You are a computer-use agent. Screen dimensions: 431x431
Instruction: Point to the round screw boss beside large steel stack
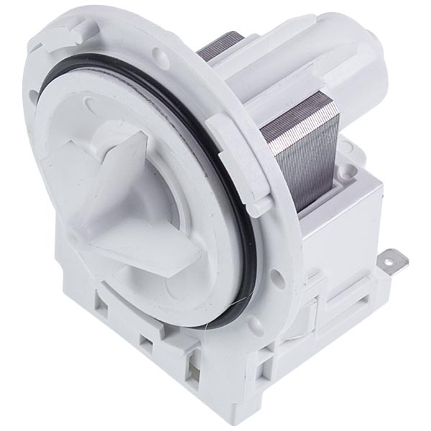tap(348, 171)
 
